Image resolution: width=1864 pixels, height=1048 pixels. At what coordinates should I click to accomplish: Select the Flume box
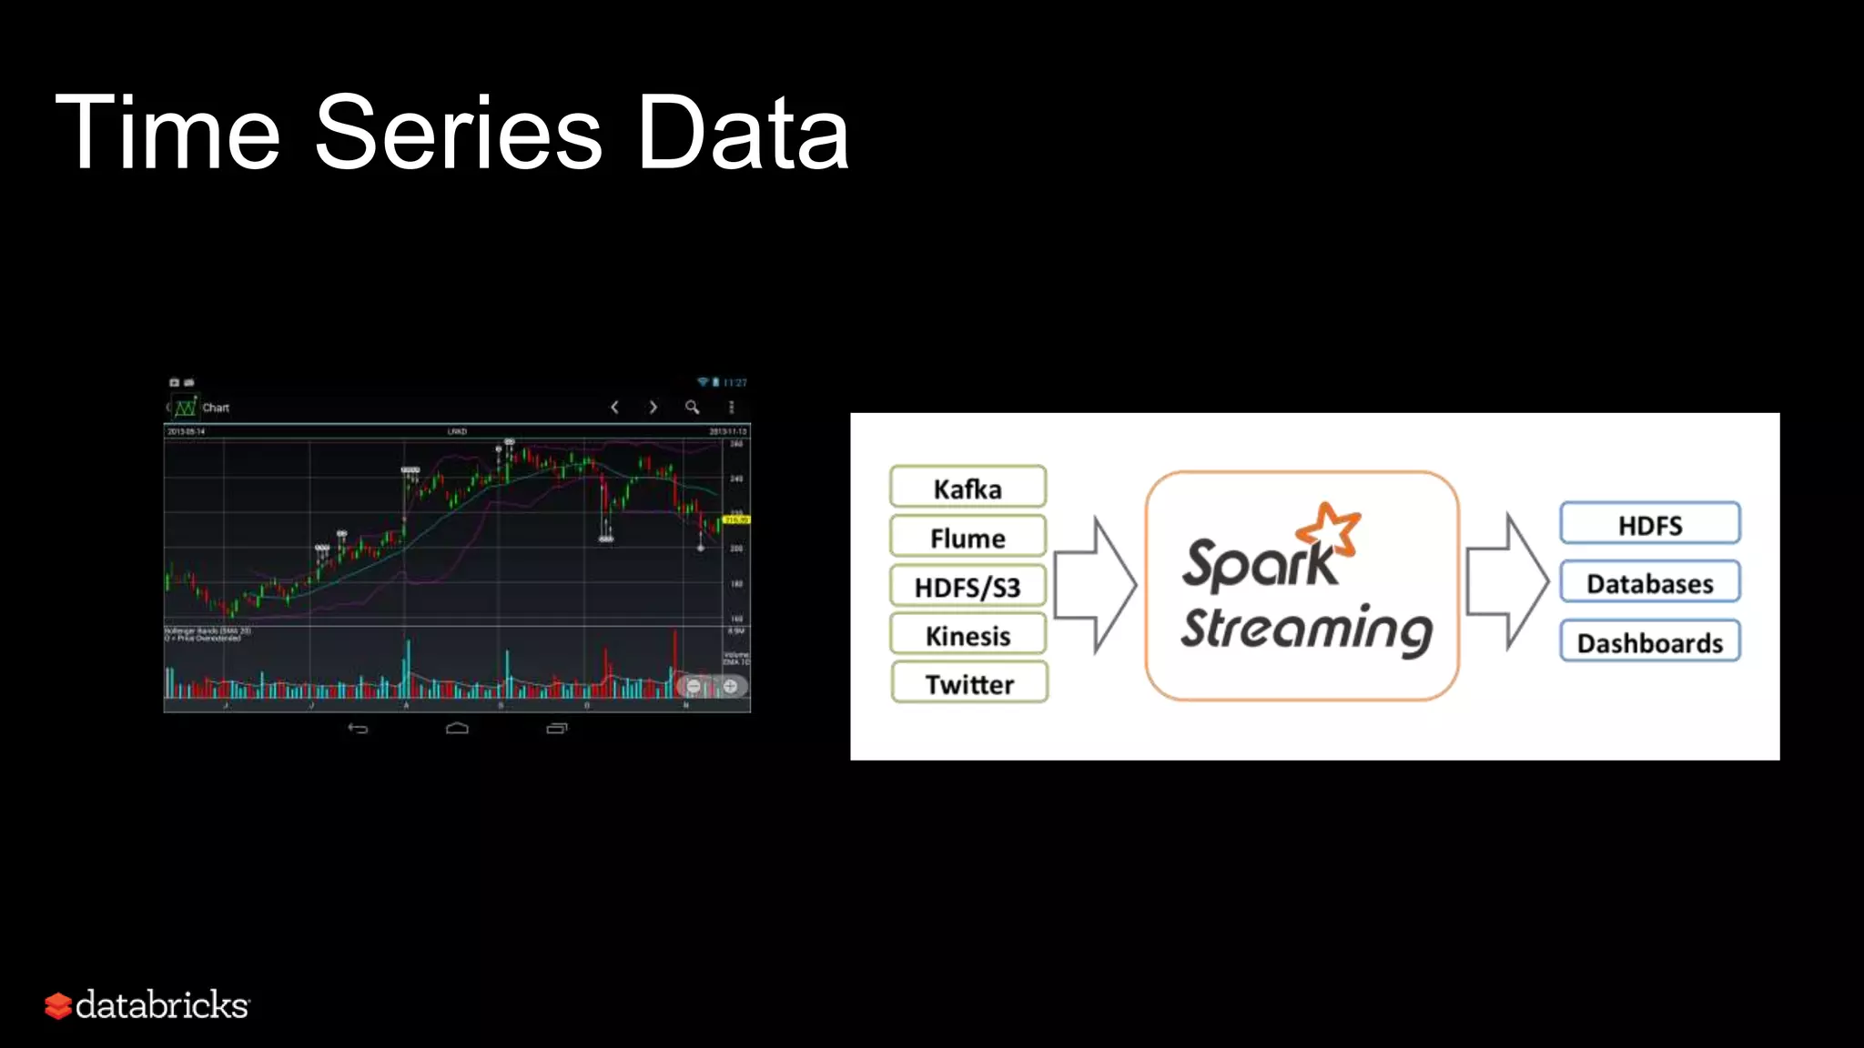click(x=967, y=538)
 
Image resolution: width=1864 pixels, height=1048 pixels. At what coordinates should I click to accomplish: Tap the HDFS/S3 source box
click(x=967, y=587)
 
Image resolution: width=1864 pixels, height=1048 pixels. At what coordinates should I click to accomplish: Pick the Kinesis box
click(x=967, y=635)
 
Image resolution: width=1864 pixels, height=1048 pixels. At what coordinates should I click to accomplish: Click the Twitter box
click(x=969, y=683)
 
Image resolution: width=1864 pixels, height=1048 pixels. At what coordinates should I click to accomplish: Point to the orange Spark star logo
click(x=1330, y=528)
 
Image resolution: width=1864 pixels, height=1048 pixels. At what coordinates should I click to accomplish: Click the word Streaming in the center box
click(x=1306, y=630)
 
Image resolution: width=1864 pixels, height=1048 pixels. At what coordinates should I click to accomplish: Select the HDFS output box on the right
click(x=1649, y=525)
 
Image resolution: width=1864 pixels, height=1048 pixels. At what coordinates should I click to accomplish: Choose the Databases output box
click(x=1649, y=583)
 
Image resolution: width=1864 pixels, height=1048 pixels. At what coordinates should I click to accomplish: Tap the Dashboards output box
click(x=1649, y=642)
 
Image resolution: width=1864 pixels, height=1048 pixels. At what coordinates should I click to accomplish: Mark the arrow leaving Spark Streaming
click(x=1507, y=581)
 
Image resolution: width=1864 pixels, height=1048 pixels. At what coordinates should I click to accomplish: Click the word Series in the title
click(x=458, y=133)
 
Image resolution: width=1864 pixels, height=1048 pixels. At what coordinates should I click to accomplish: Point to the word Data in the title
click(x=742, y=133)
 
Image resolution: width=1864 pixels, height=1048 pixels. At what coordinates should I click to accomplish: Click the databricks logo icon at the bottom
click(x=58, y=1005)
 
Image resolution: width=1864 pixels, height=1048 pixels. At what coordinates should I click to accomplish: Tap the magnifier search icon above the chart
click(x=692, y=408)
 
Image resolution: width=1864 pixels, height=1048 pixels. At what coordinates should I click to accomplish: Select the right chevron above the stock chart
click(x=653, y=408)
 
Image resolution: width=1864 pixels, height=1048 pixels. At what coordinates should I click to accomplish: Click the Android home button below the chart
click(x=457, y=728)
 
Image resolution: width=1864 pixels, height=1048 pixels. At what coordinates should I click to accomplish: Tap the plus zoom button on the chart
click(x=730, y=686)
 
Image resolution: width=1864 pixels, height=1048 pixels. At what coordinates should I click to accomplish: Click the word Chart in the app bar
click(x=216, y=408)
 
